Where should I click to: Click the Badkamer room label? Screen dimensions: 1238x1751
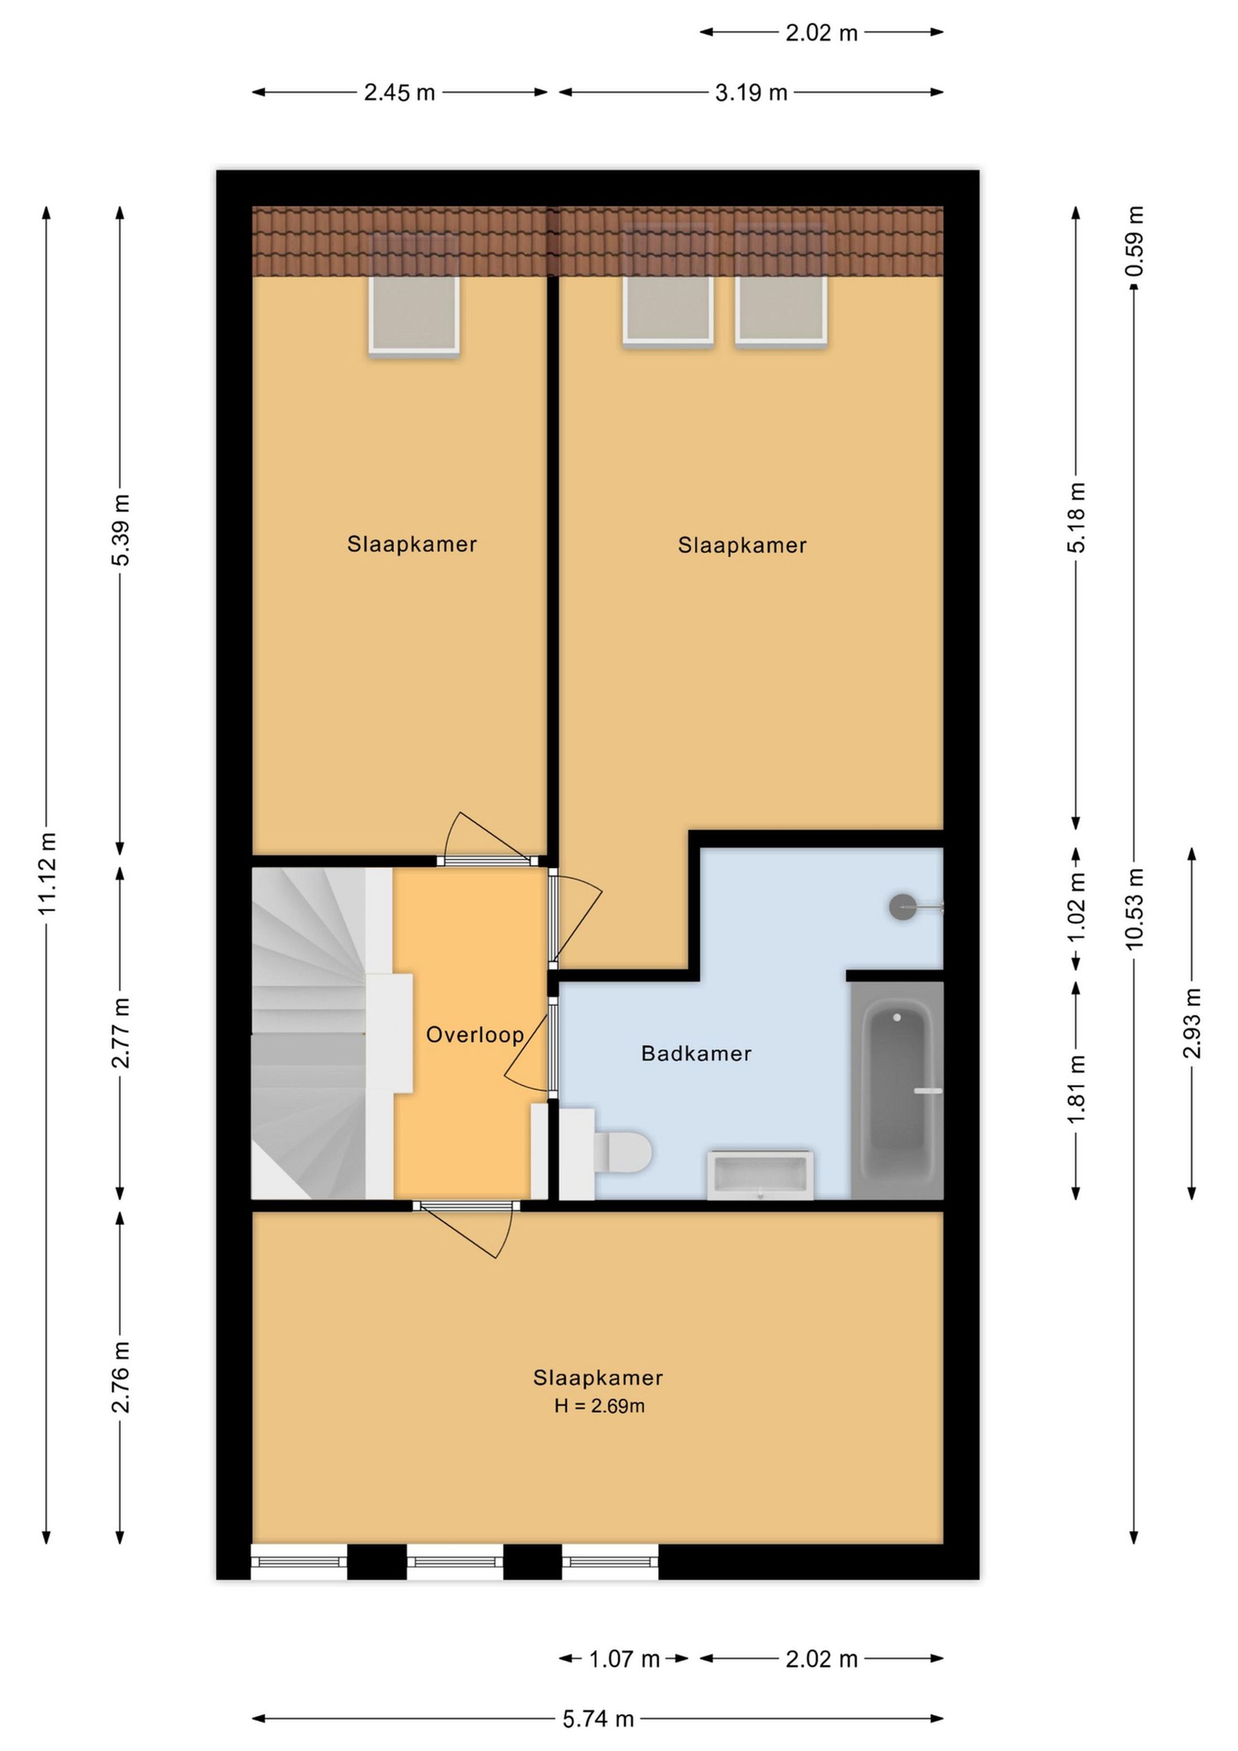(696, 1053)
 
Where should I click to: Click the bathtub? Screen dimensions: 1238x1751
(897, 1091)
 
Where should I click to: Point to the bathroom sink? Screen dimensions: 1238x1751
(760, 1174)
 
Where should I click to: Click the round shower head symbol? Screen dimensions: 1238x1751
(902, 907)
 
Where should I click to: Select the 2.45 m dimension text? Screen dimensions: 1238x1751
(399, 92)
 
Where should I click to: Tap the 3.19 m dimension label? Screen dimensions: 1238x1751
(751, 92)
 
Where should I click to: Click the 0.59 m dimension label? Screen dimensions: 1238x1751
(1134, 241)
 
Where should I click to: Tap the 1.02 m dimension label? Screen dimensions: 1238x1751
(1076, 907)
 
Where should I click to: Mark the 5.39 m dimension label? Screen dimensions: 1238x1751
(120, 530)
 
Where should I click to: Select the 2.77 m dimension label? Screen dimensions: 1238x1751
(120, 1032)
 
